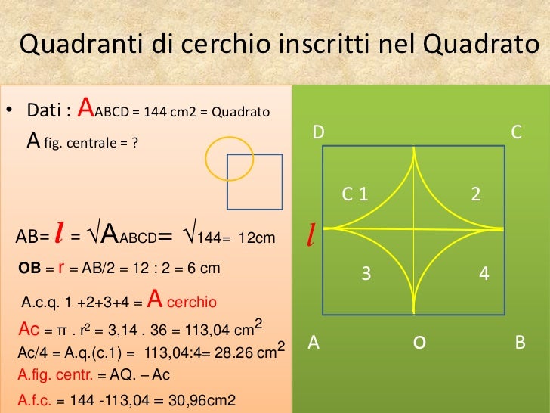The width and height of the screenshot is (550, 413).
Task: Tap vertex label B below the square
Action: click(x=519, y=343)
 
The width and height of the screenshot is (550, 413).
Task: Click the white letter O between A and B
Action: click(x=418, y=343)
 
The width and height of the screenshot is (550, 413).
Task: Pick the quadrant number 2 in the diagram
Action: click(x=475, y=194)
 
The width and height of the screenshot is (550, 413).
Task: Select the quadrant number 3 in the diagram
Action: click(x=366, y=274)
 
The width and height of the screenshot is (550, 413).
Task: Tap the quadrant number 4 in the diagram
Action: click(x=484, y=274)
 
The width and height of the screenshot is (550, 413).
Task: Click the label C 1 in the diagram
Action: click(x=354, y=194)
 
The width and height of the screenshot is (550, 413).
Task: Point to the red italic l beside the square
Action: click(x=310, y=237)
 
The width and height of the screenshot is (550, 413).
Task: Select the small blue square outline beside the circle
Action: click(x=255, y=182)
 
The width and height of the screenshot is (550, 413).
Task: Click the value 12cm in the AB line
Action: click(x=257, y=239)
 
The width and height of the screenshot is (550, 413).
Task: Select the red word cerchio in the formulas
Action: click(x=191, y=303)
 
